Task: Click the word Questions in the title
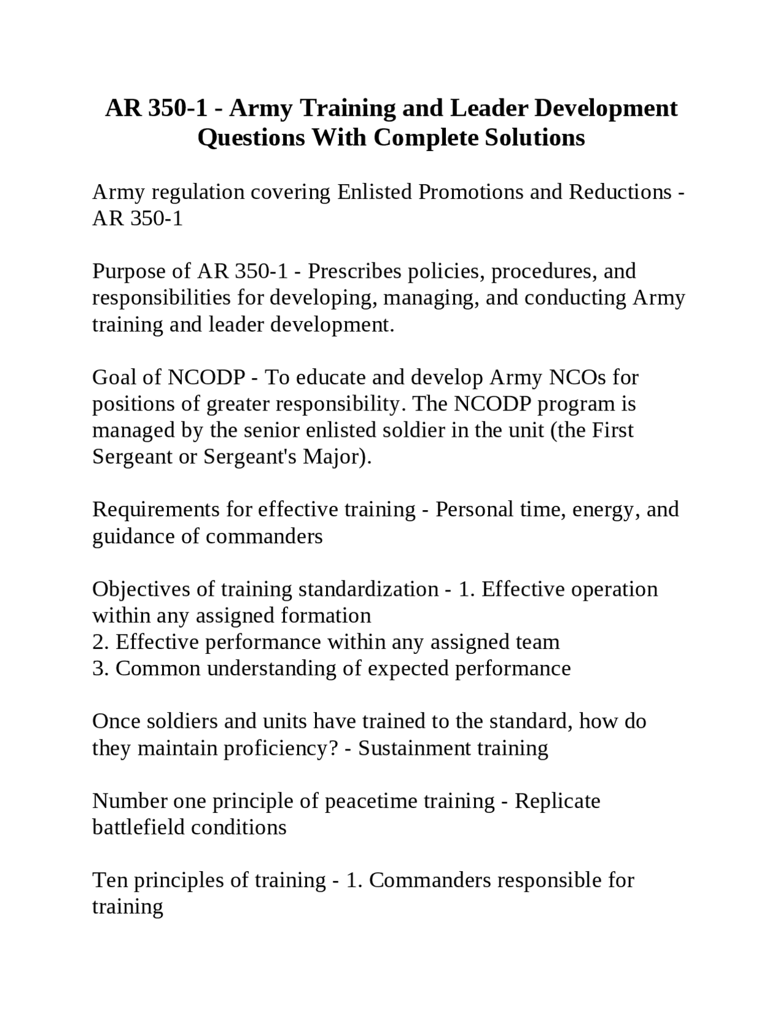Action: (x=251, y=137)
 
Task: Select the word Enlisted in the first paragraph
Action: (x=374, y=192)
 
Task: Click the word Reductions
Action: (x=620, y=192)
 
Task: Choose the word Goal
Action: (x=114, y=377)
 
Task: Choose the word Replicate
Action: (x=557, y=801)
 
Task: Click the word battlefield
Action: (x=138, y=828)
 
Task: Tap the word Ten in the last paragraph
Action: (x=109, y=880)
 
